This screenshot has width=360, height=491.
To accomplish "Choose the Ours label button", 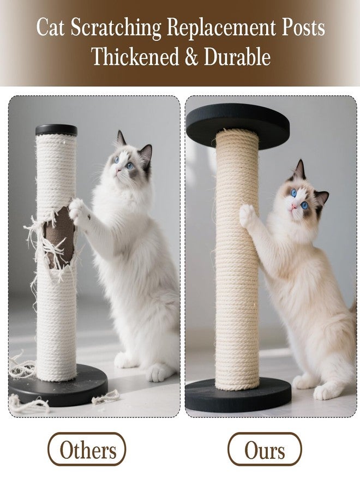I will (265, 451).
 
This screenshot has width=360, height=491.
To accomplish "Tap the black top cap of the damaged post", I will (56, 130).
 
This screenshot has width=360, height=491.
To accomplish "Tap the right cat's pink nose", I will (295, 206).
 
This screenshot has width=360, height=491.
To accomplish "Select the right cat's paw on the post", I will (248, 215).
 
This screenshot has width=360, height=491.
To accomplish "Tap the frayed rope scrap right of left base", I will (106, 397).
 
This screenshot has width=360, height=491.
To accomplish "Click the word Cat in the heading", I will (50, 28).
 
